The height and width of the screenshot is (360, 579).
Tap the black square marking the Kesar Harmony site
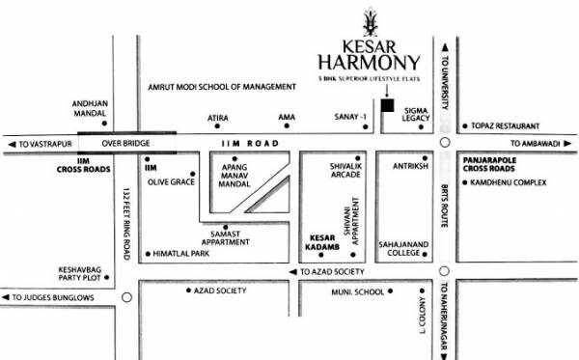click(x=387, y=105)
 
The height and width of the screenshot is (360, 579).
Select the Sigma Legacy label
click(x=416, y=117)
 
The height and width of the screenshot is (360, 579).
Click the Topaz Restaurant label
click(x=506, y=125)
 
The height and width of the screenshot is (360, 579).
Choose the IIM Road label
click(x=249, y=145)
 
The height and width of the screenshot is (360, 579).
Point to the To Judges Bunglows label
click(x=53, y=297)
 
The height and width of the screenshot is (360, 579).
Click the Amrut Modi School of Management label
click(x=221, y=87)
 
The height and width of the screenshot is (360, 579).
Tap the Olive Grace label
click(x=169, y=180)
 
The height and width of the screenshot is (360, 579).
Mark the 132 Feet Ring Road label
click(x=126, y=222)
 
